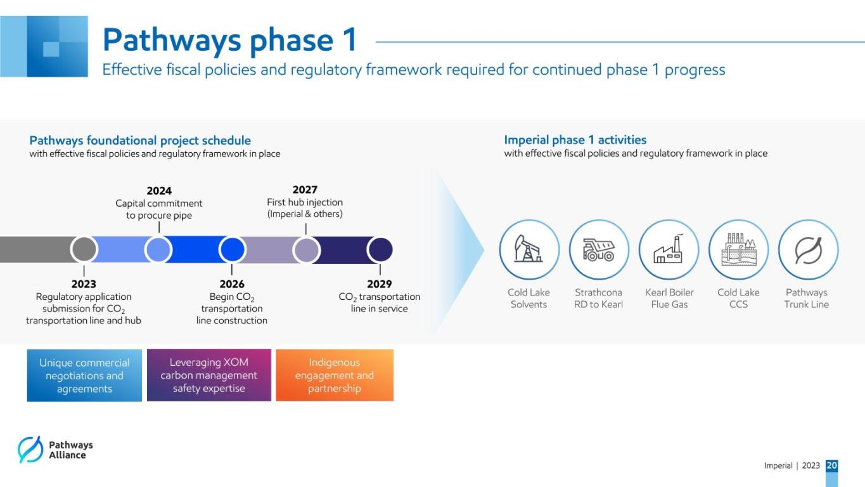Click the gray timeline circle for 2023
pyautogui.click(x=84, y=249)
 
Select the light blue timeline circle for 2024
pyautogui.click(x=158, y=249)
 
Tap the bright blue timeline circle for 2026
pyautogui.click(x=232, y=249)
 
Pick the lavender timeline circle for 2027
pyautogui.click(x=306, y=250)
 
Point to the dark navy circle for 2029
pyautogui.click(x=380, y=250)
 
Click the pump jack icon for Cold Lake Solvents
pyautogui.click(x=529, y=249)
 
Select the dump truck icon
pyautogui.click(x=599, y=250)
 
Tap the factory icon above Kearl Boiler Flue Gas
pyautogui.click(x=669, y=249)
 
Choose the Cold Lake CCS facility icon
pyautogui.click(x=738, y=249)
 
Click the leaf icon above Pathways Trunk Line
pyautogui.click(x=808, y=250)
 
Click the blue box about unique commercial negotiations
pyautogui.click(x=84, y=375)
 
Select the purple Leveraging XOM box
pyautogui.click(x=209, y=375)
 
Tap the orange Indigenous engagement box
pyautogui.click(x=335, y=375)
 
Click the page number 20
pyautogui.click(x=832, y=465)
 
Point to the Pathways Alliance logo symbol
pyautogui.click(x=30, y=450)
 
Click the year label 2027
pyautogui.click(x=305, y=190)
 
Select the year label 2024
pyautogui.click(x=159, y=191)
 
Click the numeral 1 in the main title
pyautogui.click(x=351, y=39)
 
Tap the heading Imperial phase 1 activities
pyautogui.click(x=575, y=140)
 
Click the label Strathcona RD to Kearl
pyautogui.click(x=599, y=299)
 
